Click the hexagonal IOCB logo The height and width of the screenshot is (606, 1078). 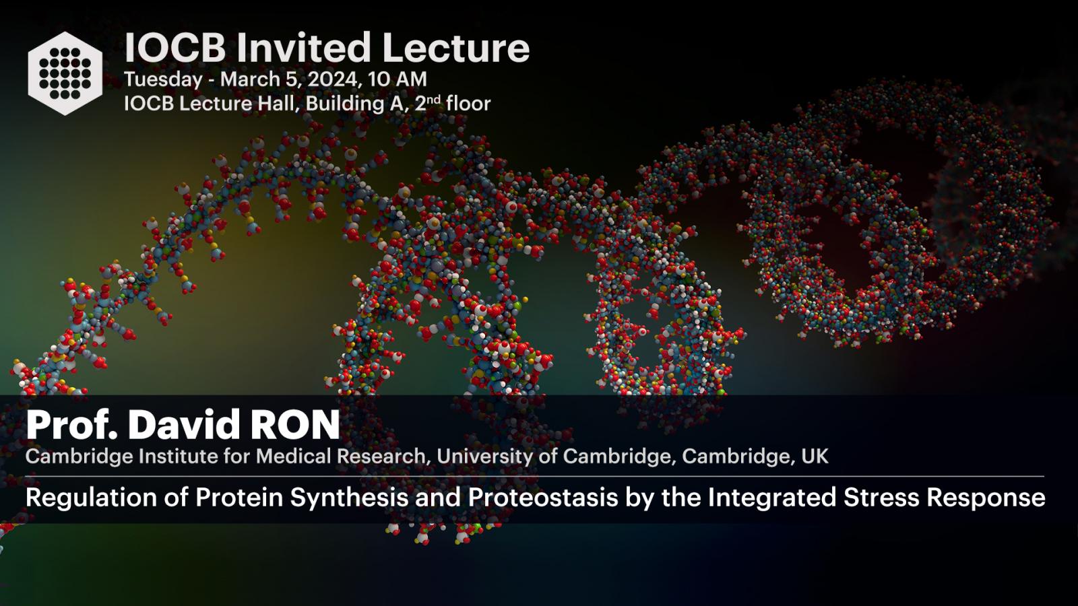pyautogui.click(x=65, y=73)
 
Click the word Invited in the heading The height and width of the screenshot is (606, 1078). pyautogui.click(x=303, y=48)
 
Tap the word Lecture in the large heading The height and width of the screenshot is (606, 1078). pyautogui.click(x=455, y=48)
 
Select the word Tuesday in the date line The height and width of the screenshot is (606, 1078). pyautogui.click(x=163, y=80)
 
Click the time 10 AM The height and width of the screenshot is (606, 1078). pyautogui.click(x=398, y=79)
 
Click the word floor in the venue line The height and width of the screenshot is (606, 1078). pyautogui.click(x=468, y=104)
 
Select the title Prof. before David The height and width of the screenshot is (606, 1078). pyautogui.click(x=71, y=425)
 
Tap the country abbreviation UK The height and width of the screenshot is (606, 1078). pyautogui.click(x=815, y=456)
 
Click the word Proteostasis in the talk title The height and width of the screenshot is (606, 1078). pyautogui.click(x=543, y=497)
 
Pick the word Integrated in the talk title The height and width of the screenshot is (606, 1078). pyautogui.click(x=772, y=498)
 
